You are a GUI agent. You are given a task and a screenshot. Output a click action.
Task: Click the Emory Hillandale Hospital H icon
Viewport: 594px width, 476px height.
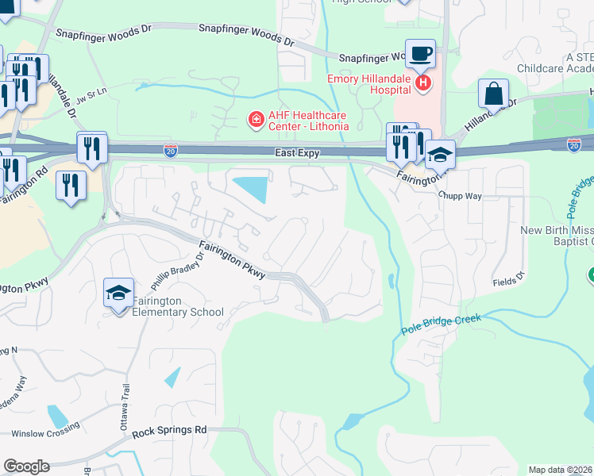pyautogui.click(x=424, y=82)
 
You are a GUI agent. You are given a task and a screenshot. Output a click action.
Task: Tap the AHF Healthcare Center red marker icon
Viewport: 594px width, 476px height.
pyautogui.click(x=256, y=120)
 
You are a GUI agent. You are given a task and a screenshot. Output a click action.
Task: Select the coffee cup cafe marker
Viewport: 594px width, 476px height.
pyautogui.click(x=420, y=54)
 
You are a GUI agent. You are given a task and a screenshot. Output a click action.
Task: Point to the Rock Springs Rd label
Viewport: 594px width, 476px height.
pyautogui.click(x=169, y=430)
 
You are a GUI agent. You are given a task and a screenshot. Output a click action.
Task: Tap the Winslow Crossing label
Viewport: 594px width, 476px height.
pyautogui.click(x=45, y=430)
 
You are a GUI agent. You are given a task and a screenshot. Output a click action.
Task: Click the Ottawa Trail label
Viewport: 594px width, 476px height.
pyautogui.click(x=124, y=413)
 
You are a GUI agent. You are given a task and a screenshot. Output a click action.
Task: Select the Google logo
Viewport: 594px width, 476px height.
pyautogui.click(x=26, y=466)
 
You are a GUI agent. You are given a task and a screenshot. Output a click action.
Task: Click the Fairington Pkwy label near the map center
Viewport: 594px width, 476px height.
pyautogui.click(x=232, y=259)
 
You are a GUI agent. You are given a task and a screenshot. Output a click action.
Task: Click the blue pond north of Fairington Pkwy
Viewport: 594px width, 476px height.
pyautogui.click(x=251, y=189)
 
